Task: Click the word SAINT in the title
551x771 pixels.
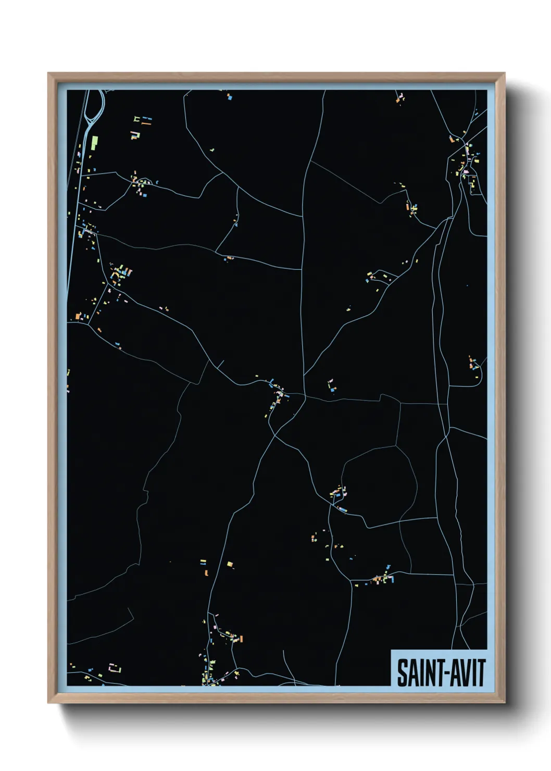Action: [417, 673]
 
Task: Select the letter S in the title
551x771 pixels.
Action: [402, 673]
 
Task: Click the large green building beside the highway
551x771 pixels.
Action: [95, 142]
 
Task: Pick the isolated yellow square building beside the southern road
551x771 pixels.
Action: [230, 564]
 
